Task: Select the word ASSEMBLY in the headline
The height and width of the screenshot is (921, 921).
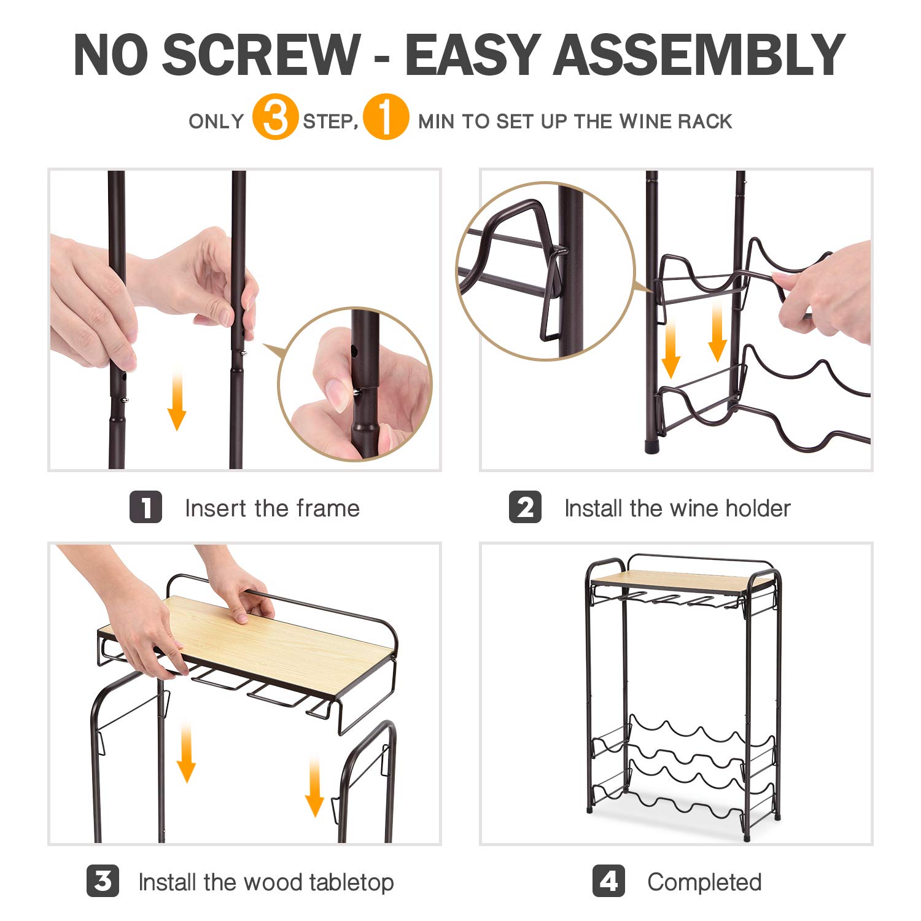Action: click(x=699, y=55)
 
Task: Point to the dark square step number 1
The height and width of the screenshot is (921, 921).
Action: click(x=146, y=507)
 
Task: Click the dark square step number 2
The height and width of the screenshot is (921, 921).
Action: click(x=525, y=507)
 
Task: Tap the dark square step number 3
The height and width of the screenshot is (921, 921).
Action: click(x=103, y=881)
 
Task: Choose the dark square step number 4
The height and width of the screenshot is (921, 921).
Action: click(x=608, y=881)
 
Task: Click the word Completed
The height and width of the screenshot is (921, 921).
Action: click(x=704, y=882)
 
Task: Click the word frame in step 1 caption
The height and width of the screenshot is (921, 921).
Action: click(x=328, y=508)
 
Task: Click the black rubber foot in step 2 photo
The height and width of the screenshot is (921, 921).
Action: click(x=652, y=445)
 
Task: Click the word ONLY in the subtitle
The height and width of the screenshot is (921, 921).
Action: click(x=216, y=121)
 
